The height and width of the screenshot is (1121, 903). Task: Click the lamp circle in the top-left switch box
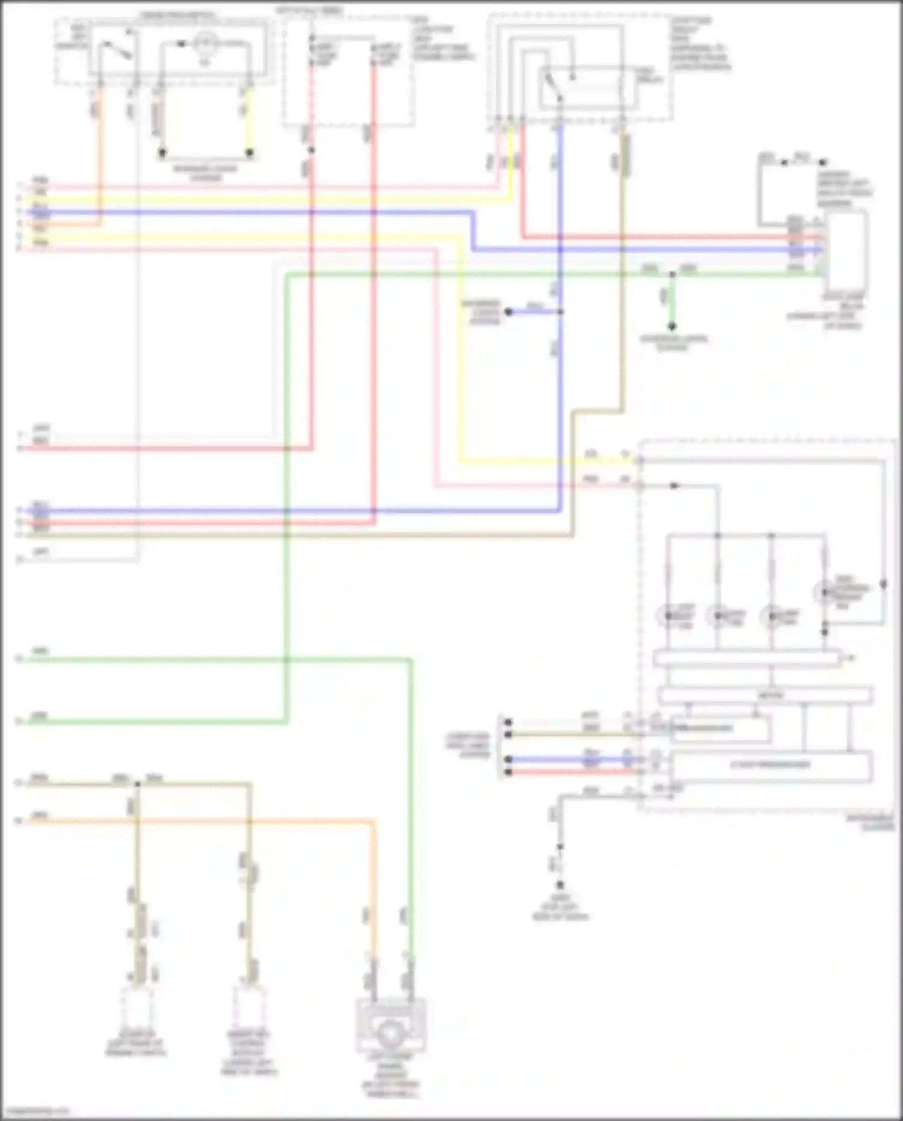point(204,43)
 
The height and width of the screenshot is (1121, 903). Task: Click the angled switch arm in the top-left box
point(116,50)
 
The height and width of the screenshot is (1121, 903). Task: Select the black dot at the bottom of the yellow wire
point(249,153)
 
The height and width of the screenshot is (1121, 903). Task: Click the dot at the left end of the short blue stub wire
point(509,312)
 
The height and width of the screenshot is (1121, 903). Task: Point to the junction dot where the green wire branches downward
point(672,275)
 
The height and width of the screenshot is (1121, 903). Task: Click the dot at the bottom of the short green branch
point(672,326)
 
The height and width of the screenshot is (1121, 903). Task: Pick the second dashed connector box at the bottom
point(249,1005)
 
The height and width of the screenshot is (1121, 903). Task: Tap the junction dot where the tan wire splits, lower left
point(137,784)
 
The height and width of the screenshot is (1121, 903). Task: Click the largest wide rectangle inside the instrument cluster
point(771,766)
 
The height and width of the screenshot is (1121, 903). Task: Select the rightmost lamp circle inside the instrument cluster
point(823,593)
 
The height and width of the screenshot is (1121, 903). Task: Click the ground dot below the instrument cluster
point(560,885)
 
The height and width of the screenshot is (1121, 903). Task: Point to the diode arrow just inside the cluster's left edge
point(675,486)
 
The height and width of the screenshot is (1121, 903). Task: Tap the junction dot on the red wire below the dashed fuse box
point(311,150)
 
